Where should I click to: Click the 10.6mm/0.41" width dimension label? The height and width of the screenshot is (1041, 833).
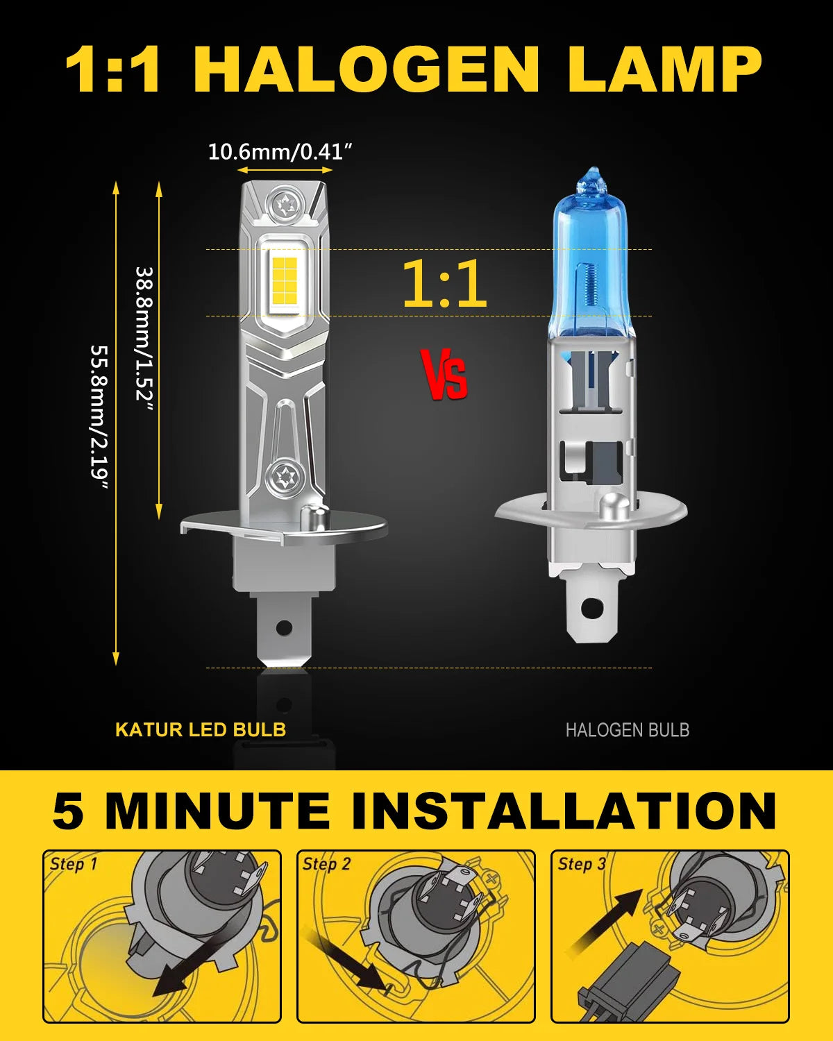(280, 151)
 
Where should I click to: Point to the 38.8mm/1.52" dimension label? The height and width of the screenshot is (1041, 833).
(144, 334)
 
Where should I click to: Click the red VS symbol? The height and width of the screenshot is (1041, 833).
(444, 375)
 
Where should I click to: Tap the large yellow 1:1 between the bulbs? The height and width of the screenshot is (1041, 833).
(444, 284)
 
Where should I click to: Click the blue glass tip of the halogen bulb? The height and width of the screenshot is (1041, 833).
(591, 182)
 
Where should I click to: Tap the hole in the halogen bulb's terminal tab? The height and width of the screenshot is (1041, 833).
(591, 608)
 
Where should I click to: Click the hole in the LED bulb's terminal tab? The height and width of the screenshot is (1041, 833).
(283, 628)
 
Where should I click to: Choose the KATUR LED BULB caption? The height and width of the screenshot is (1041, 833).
(201, 729)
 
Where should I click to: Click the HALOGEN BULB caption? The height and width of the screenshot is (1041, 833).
(627, 730)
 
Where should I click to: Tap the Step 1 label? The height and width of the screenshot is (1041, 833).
(74, 864)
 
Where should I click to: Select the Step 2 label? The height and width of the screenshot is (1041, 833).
(326, 864)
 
